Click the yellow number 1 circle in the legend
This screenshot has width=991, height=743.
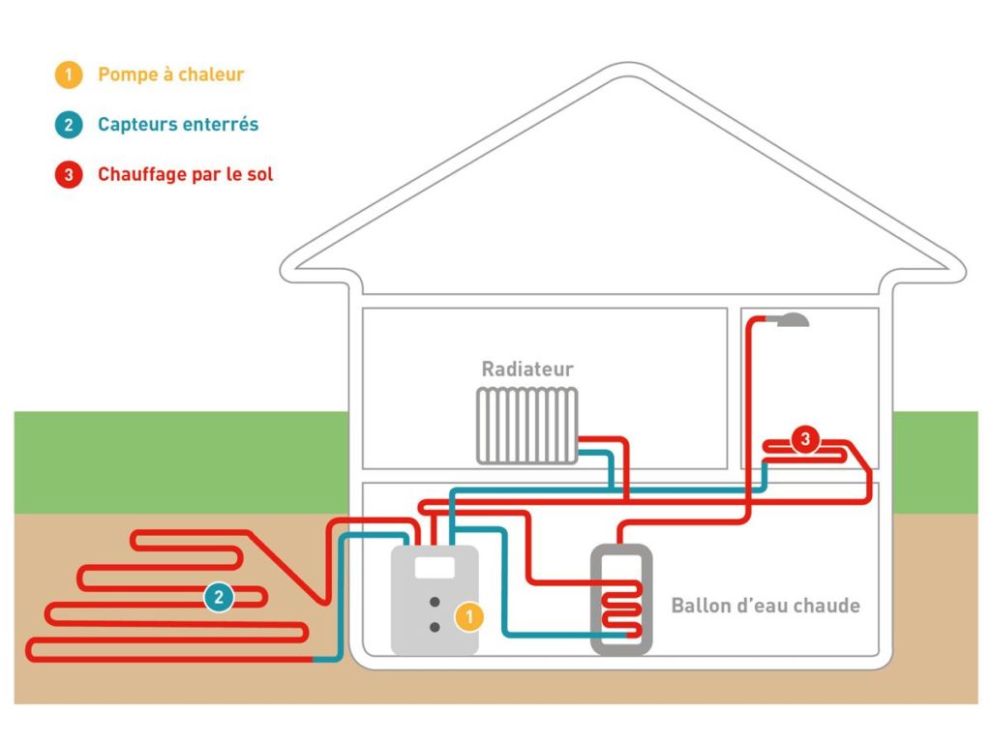point(69,75)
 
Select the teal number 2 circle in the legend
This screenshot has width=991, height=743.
point(69,125)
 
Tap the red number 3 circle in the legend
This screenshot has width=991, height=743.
point(69,175)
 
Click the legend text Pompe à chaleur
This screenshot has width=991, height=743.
point(170,74)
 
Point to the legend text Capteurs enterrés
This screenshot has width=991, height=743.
point(178,125)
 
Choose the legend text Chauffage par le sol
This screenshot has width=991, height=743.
point(185,175)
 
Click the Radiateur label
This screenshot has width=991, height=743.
point(527,370)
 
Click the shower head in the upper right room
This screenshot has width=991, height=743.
point(792,318)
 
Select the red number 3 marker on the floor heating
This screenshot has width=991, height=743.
point(804,440)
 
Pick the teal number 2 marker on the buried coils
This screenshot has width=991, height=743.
point(219,597)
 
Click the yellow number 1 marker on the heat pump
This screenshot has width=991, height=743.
point(467,616)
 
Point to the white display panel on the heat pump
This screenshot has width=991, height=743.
point(435,567)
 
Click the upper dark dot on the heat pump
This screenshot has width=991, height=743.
point(435,602)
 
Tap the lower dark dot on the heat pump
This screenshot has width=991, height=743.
point(435,627)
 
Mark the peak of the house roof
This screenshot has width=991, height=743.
point(623,70)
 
